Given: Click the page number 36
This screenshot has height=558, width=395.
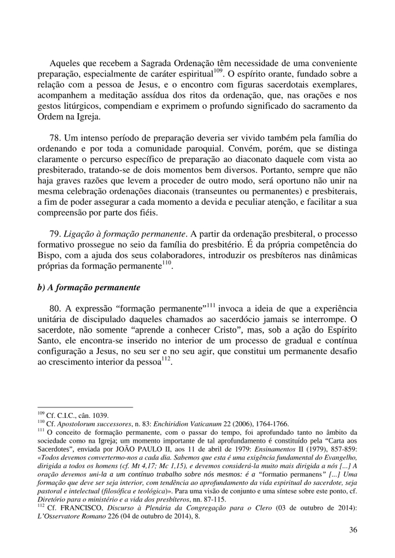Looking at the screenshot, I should tap(353, 530).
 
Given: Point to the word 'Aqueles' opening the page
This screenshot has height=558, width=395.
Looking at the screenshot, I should tap(65, 64).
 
